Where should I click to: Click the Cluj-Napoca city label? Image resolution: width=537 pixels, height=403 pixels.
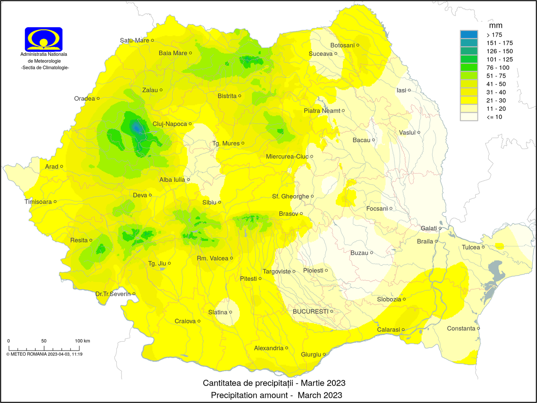click(x=170, y=124)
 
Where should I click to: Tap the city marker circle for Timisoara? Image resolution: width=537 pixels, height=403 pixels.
click(x=55, y=201)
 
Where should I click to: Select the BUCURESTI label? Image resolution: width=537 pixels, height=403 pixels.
click(x=311, y=311)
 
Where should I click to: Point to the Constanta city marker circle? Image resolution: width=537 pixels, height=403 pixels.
click(x=479, y=328)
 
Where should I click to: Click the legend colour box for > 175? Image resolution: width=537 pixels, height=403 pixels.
click(x=469, y=35)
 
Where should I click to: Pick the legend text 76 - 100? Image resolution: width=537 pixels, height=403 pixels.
click(x=498, y=68)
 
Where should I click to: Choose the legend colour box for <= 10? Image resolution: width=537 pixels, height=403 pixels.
click(x=469, y=117)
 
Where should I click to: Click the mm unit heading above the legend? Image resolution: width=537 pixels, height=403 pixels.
click(x=496, y=26)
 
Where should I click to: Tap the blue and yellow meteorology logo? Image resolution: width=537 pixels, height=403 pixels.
click(x=44, y=39)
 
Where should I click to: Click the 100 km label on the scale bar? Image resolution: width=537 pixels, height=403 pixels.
click(x=82, y=341)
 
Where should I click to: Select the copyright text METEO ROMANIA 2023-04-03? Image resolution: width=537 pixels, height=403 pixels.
click(x=45, y=354)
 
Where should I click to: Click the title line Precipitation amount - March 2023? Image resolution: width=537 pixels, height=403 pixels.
click(x=276, y=395)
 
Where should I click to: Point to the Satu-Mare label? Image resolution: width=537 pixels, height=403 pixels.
click(x=134, y=40)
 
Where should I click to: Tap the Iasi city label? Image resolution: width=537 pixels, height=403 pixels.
click(x=401, y=90)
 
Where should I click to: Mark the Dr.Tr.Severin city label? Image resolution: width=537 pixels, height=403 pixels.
click(x=113, y=294)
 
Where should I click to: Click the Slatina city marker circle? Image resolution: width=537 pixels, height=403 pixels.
click(x=231, y=312)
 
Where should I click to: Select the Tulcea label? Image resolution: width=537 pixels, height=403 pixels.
click(x=471, y=247)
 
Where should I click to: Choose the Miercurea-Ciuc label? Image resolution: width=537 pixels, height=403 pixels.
click(x=287, y=157)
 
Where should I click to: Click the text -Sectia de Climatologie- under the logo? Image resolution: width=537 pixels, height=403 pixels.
click(x=45, y=68)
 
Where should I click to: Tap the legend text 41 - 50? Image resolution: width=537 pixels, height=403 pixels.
click(x=496, y=84)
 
